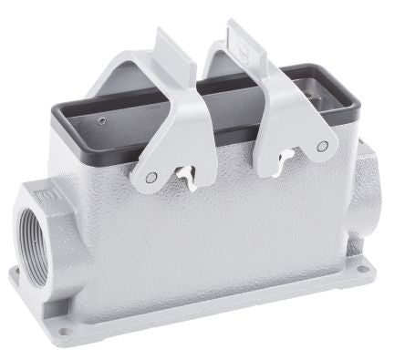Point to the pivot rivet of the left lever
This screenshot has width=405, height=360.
pos(151,177)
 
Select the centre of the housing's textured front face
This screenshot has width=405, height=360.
pos(210,237)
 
